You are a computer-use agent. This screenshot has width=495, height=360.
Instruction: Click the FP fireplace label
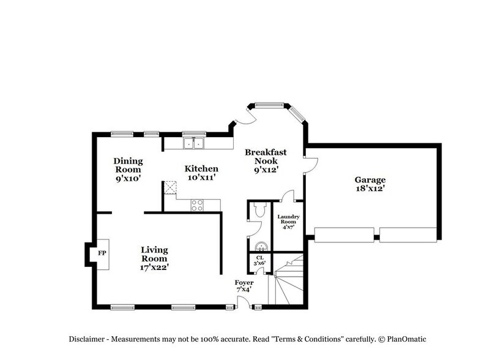(x=102, y=252)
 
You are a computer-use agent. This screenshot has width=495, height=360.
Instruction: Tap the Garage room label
(x=370, y=180)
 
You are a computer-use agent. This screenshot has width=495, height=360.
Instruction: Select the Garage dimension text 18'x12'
(x=370, y=189)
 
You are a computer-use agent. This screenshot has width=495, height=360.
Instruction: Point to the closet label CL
(x=259, y=258)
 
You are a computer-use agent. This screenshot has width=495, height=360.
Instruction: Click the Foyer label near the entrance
(x=244, y=283)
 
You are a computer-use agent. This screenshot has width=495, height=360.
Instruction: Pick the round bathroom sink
(x=261, y=247)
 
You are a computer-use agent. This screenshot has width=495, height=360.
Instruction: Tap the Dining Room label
(x=128, y=165)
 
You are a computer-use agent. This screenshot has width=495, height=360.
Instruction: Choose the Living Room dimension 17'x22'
(x=154, y=267)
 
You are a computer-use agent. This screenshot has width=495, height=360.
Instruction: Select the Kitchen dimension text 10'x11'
(x=201, y=177)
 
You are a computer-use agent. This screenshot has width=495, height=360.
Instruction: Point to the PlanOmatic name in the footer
(x=413, y=339)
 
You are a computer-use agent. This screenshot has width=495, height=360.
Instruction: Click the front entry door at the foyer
(x=244, y=302)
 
